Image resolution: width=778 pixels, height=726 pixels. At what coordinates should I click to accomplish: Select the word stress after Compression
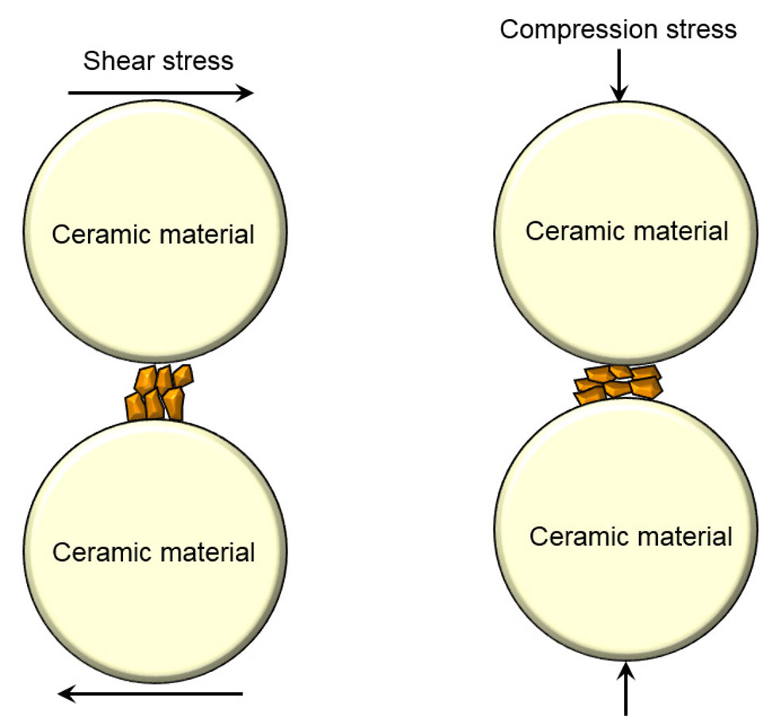pos(701,30)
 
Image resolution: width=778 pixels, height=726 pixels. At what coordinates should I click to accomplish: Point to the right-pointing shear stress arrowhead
pos(245,93)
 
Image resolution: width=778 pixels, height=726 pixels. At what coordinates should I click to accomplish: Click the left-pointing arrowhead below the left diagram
pos(67,693)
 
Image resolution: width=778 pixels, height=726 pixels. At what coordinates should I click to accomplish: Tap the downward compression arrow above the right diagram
pos(618,75)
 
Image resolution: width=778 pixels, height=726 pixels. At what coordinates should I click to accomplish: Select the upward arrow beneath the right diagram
pos(626,689)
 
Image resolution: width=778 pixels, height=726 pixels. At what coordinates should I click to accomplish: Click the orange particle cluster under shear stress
pos(159,393)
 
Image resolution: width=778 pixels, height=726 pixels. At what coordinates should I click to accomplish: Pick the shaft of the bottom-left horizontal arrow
pos(160,693)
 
